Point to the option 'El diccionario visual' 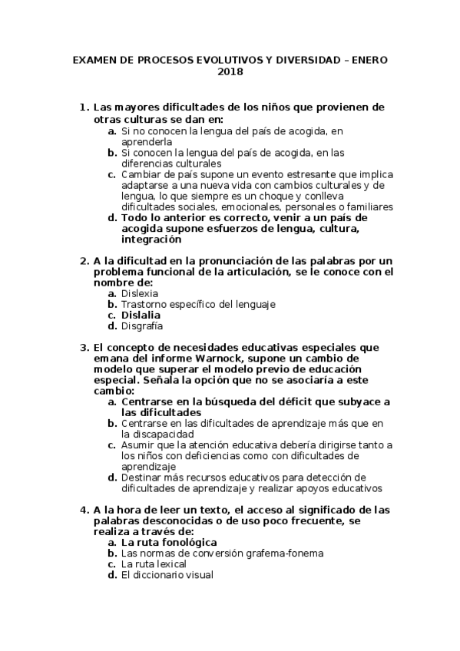click(x=167, y=574)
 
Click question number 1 click(x=84, y=107)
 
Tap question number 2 click(x=84, y=261)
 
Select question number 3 click(x=84, y=347)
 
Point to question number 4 click(x=84, y=510)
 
